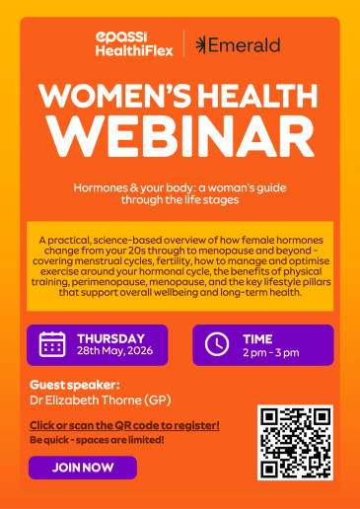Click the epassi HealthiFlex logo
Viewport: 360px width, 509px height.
(134, 44)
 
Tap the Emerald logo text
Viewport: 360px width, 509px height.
(238, 45)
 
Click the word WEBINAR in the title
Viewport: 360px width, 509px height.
(180, 136)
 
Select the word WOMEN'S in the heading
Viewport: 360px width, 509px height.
(114, 96)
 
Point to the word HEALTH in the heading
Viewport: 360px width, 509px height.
(257, 96)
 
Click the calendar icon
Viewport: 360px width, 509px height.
(52, 344)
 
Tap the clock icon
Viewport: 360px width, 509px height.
(217, 344)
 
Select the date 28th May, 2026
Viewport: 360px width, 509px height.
(114, 351)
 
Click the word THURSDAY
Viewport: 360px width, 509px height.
(111, 338)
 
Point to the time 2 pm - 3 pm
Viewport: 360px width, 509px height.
(271, 353)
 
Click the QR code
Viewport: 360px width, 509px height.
(295, 443)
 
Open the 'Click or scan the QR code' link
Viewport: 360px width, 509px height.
(124, 425)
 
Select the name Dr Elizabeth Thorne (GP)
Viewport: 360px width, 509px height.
(101, 400)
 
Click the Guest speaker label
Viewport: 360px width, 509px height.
(75, 385)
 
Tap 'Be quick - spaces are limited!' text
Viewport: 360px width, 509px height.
(97, 440)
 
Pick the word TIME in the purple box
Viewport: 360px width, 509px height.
(257, 339)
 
